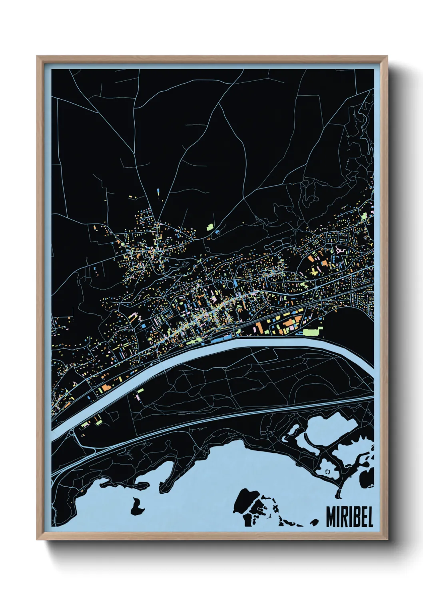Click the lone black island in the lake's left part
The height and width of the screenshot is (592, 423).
(136, 506)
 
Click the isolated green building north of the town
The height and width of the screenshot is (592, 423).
(210, 227)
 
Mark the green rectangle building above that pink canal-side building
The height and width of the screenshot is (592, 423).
(140, 390)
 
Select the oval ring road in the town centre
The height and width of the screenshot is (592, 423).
(231, 284)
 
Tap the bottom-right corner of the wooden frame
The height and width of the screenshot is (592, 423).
(387, 539)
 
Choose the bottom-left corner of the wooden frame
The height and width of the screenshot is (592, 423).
(38, 539)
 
